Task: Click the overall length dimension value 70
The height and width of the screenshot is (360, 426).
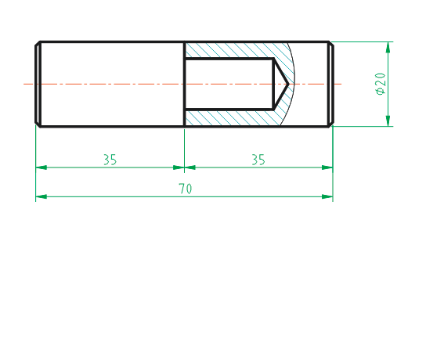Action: coord(186,189)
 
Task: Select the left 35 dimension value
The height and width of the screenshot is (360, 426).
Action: coord(110,160)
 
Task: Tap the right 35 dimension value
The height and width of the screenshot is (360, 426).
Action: coord(258,160)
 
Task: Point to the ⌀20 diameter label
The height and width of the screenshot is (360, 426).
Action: coord(381,83)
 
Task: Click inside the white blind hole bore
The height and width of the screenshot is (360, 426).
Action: coord(227,83)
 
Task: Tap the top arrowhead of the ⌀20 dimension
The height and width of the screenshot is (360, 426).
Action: coord(388,47)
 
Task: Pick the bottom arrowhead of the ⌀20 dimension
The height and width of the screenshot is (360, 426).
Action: coord(388,120)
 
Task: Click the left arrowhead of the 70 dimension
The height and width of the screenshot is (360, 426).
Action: coord(41,196)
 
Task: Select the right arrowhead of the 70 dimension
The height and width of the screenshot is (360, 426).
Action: coord(327,196)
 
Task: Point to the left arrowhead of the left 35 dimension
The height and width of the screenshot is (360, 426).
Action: coord(41,167)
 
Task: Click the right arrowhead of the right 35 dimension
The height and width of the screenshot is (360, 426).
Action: coord(327,167)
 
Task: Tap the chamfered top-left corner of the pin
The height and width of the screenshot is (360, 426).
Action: coord(37,43)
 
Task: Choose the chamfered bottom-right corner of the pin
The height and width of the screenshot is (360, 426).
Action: coord(331,124)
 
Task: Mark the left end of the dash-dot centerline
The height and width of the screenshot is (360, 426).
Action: coord(25,83)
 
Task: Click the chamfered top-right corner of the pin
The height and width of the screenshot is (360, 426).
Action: coord(331,43)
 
